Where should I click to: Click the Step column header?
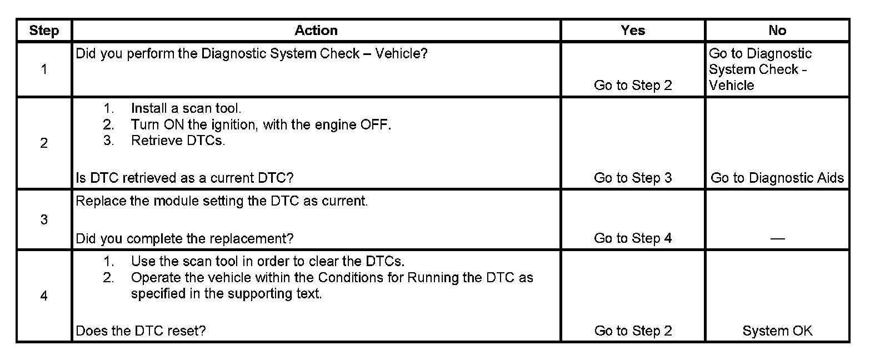44,31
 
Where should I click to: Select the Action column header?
316,31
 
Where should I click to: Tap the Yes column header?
633,31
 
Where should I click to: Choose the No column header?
777,31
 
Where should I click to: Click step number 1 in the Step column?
44,69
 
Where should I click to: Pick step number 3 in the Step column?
44,219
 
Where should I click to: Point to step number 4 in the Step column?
44,296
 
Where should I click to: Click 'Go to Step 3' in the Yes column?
633,178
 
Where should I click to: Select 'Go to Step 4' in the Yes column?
633,238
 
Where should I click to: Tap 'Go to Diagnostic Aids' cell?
777,178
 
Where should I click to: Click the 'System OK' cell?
777,331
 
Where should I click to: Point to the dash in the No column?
777,239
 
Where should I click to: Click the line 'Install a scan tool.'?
186,108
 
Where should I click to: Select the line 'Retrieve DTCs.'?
178,141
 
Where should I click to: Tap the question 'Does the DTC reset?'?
141,331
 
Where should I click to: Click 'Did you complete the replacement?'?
184,238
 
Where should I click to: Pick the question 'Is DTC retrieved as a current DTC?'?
184,178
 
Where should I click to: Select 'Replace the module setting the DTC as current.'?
222,201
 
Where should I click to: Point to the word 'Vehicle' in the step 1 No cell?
732,86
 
